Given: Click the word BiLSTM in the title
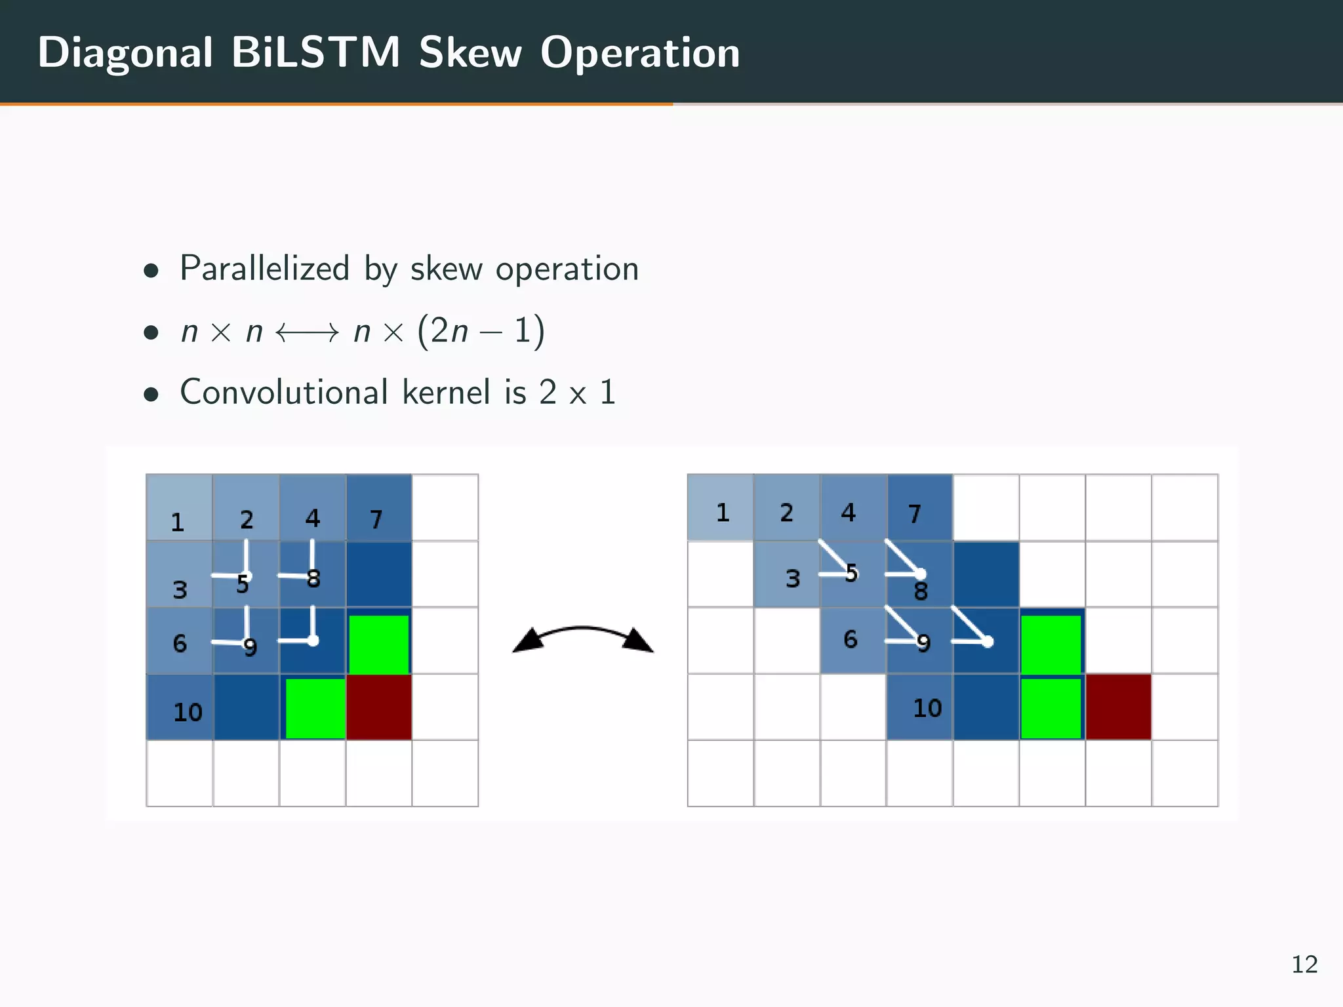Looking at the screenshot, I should [315, 52].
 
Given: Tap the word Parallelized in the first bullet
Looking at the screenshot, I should [264, 269].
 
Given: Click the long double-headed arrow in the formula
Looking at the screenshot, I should [307, 332].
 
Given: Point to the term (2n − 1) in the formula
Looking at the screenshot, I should [481, 331].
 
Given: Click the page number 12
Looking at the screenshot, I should [1304, 964].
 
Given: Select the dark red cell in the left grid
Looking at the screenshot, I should [379, 707].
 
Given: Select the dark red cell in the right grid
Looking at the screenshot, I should [1118, 707].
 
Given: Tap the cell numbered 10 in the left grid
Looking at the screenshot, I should [180, 707].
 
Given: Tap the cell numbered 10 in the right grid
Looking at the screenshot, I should [919, 707].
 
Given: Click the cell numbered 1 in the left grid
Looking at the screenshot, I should [179, 507].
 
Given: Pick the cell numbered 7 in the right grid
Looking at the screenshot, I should [919, 507].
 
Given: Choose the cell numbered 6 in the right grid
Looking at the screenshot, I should [852, 640].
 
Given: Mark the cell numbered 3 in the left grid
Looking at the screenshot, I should [179, 574].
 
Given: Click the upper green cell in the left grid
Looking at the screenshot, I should [379, 643].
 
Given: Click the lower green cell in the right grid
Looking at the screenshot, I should [1051, 708].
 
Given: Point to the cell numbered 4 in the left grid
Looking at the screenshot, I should [312, 507].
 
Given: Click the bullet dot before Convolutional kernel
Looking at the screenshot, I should [151, 394].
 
